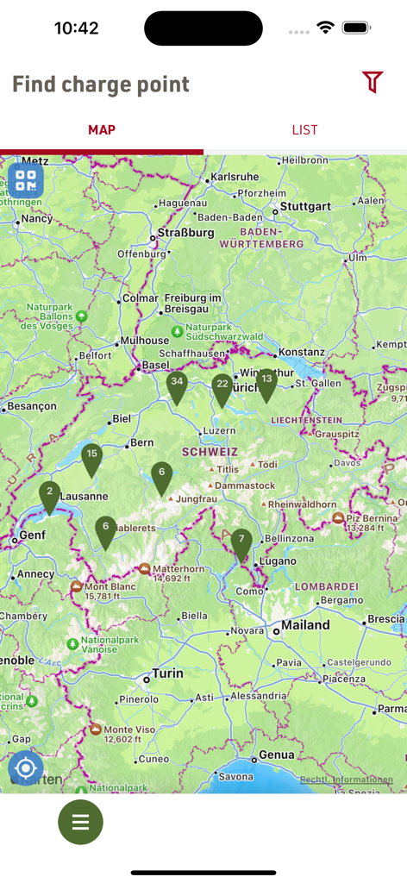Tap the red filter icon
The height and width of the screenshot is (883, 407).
pyautogui.click(x=372, y=83)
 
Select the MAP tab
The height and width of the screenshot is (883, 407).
pyautogui.click(x=102, y=130)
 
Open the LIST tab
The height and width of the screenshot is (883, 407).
pyautogui.click(x=304, y=130)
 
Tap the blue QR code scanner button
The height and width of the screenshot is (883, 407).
pyautogui.click(x=26, y=180)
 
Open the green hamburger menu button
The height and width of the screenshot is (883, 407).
pyautogui.click(x=80, y=823)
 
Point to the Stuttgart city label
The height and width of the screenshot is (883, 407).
pyautogui.click(x=305, y=207)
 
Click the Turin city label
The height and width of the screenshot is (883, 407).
pyautogui.click(x=167, y=673)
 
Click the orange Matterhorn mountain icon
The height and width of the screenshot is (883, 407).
pyautogui.click(x=145, y=569)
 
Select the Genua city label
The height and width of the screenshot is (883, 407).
pyautogui.click(x=276, y=755)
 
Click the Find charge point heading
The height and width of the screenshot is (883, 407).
pyautogui.click(x=100, y=85)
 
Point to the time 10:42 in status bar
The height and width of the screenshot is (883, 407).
pyautogui.click(x=76, y=28)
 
